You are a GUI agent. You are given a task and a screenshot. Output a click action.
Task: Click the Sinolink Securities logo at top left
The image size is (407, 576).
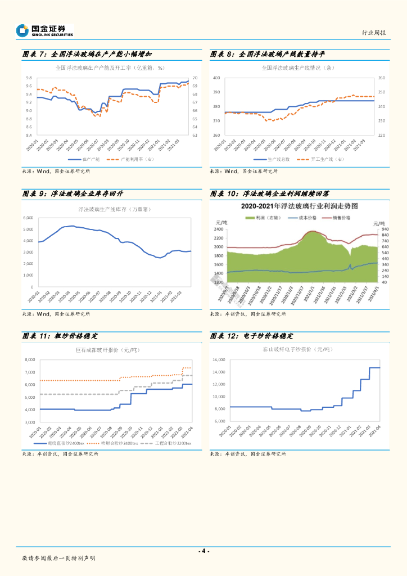coord(45,30)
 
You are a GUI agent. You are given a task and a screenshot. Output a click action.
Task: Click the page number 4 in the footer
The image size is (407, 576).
coord(203,551)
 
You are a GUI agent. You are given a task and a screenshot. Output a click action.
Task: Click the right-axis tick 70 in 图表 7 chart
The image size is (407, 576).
coord(195,78)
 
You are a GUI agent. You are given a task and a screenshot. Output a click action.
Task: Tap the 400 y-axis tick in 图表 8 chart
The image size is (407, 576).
coord(216,78)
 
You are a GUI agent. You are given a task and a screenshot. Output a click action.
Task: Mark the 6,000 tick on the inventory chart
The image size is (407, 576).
coord(28,218)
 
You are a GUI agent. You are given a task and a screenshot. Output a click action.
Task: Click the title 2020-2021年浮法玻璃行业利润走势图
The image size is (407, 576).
coord(299,205)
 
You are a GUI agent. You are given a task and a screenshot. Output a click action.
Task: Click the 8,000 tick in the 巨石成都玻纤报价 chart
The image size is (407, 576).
coord(29,360)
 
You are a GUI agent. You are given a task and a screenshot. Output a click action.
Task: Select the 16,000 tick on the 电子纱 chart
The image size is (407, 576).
coord(218,360)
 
